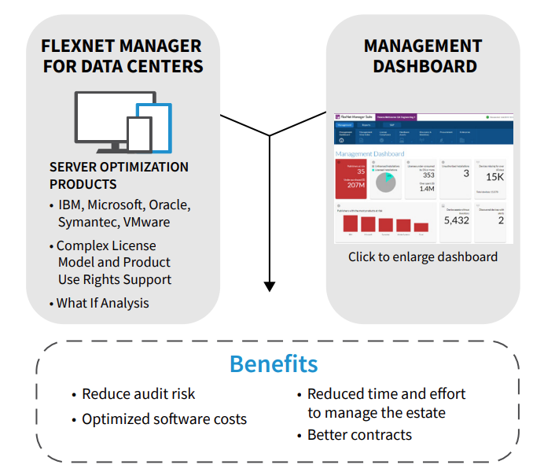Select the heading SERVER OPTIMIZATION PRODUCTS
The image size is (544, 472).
[x=119, y=175]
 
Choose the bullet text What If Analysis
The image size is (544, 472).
[x=102, y=303]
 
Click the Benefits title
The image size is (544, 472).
[x=274, y=364]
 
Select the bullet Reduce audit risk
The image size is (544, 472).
[x=138, y=394]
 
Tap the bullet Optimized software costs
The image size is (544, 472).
[x=164, y=419]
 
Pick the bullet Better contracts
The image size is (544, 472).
[x=359, y=434]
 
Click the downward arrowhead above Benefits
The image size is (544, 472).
[x=270, y=286]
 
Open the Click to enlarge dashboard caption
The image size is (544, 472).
[x=423, y=257]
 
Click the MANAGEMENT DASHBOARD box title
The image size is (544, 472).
[x=423, y=56]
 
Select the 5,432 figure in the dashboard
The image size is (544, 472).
[x=456, y=221]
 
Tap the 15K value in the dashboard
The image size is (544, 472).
[x=494, y=178]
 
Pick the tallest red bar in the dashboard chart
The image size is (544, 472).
[x=351, y=223]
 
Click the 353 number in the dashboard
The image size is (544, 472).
[x=428, y=176]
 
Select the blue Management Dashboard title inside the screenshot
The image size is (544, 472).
[x=369, y=154]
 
